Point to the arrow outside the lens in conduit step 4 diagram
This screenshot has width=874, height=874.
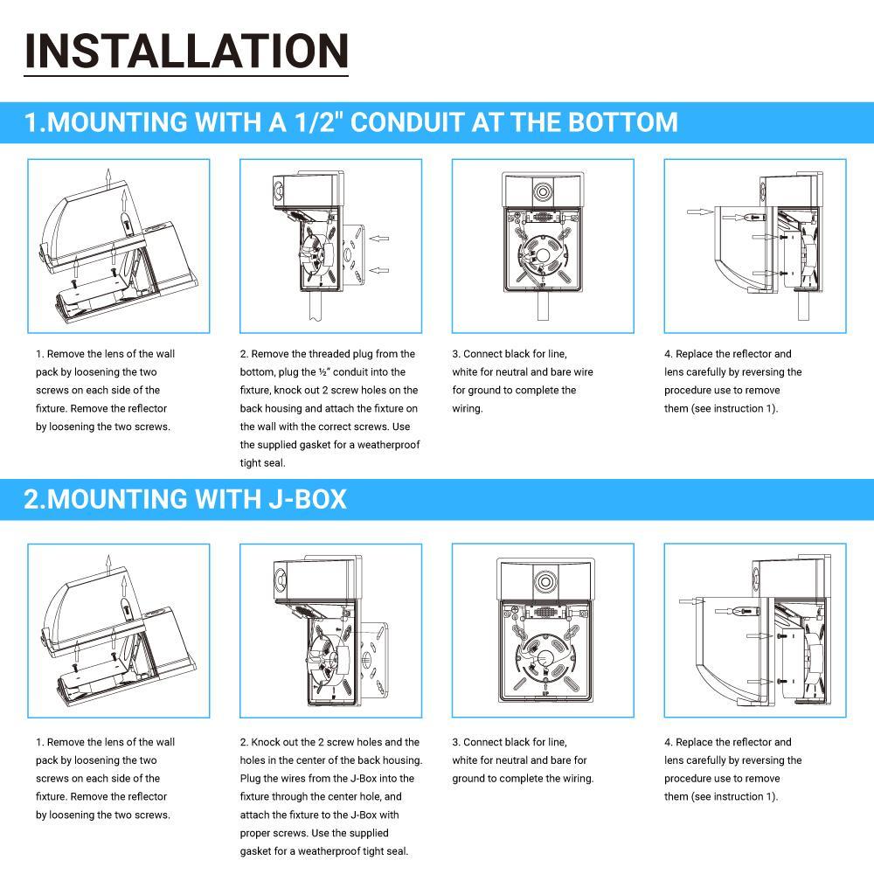697,212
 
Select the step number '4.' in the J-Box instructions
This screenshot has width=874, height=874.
669,742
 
